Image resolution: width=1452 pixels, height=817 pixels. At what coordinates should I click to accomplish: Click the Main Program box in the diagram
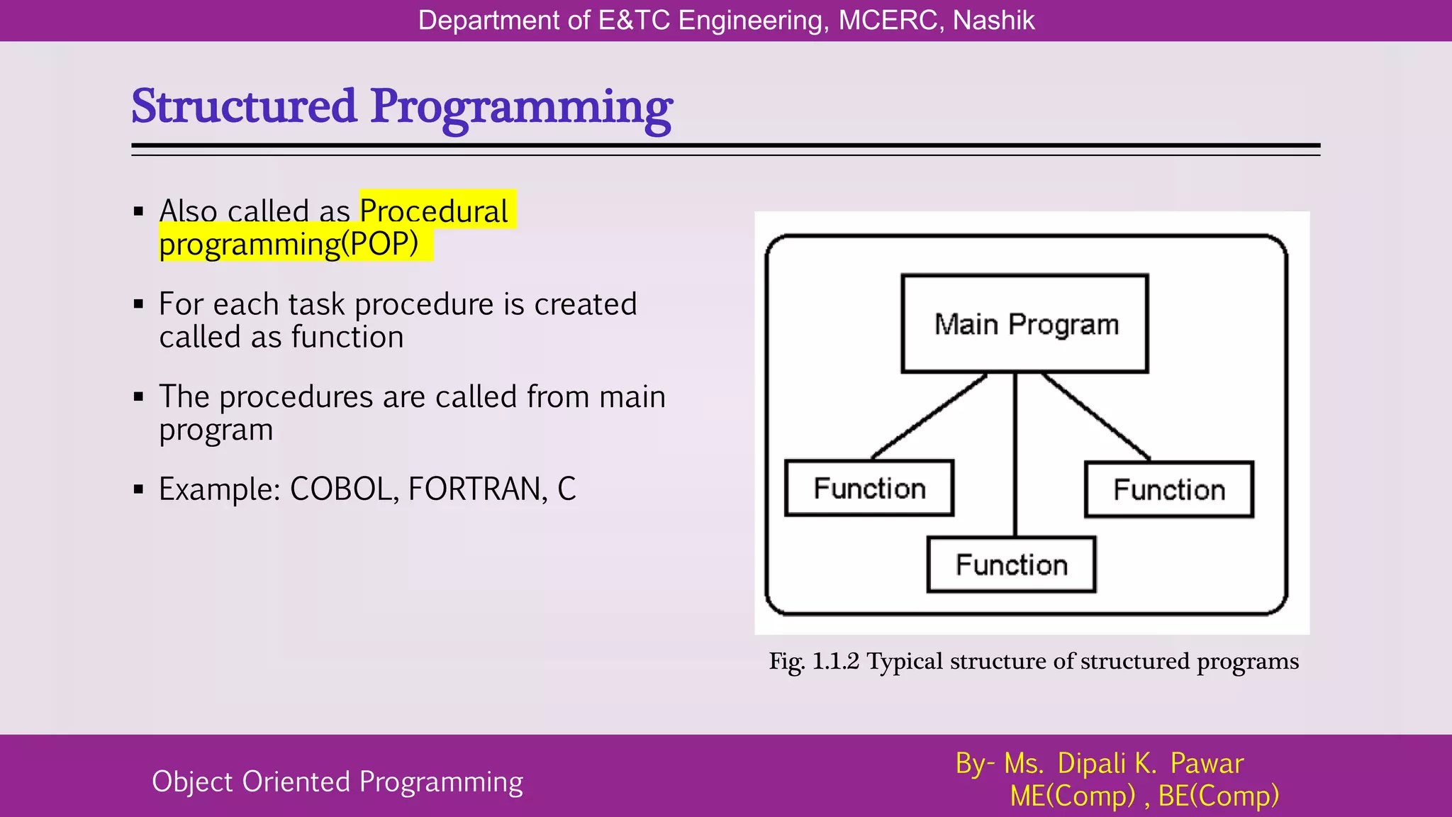(1024, 323)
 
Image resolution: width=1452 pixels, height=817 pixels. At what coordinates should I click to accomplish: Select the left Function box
(869, 488)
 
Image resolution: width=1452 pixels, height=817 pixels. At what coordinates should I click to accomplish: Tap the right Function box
(1169, 489)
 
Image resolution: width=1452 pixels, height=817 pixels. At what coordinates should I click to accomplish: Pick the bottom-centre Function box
(1012, 565)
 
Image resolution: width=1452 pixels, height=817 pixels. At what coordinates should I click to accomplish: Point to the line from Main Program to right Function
(1096, 416)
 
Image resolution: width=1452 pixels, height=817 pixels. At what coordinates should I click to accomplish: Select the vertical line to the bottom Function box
(1015, 454)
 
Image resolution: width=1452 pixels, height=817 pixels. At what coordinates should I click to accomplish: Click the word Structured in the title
(244, 106)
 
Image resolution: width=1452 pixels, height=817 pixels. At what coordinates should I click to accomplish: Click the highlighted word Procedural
(434, 211)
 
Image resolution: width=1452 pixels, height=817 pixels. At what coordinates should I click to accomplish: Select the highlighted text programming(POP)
(289, 243)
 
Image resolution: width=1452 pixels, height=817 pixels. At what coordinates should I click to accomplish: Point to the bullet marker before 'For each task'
(139, 304)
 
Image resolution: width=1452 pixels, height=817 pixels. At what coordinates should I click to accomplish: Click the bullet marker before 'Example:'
(139, 489)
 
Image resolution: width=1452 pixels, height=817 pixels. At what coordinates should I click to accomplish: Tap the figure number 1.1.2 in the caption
(835, 661)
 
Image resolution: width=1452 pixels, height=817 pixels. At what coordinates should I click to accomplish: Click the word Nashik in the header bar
(993, 21)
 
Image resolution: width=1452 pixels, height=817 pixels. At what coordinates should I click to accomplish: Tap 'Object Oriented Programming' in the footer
(337, 782)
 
